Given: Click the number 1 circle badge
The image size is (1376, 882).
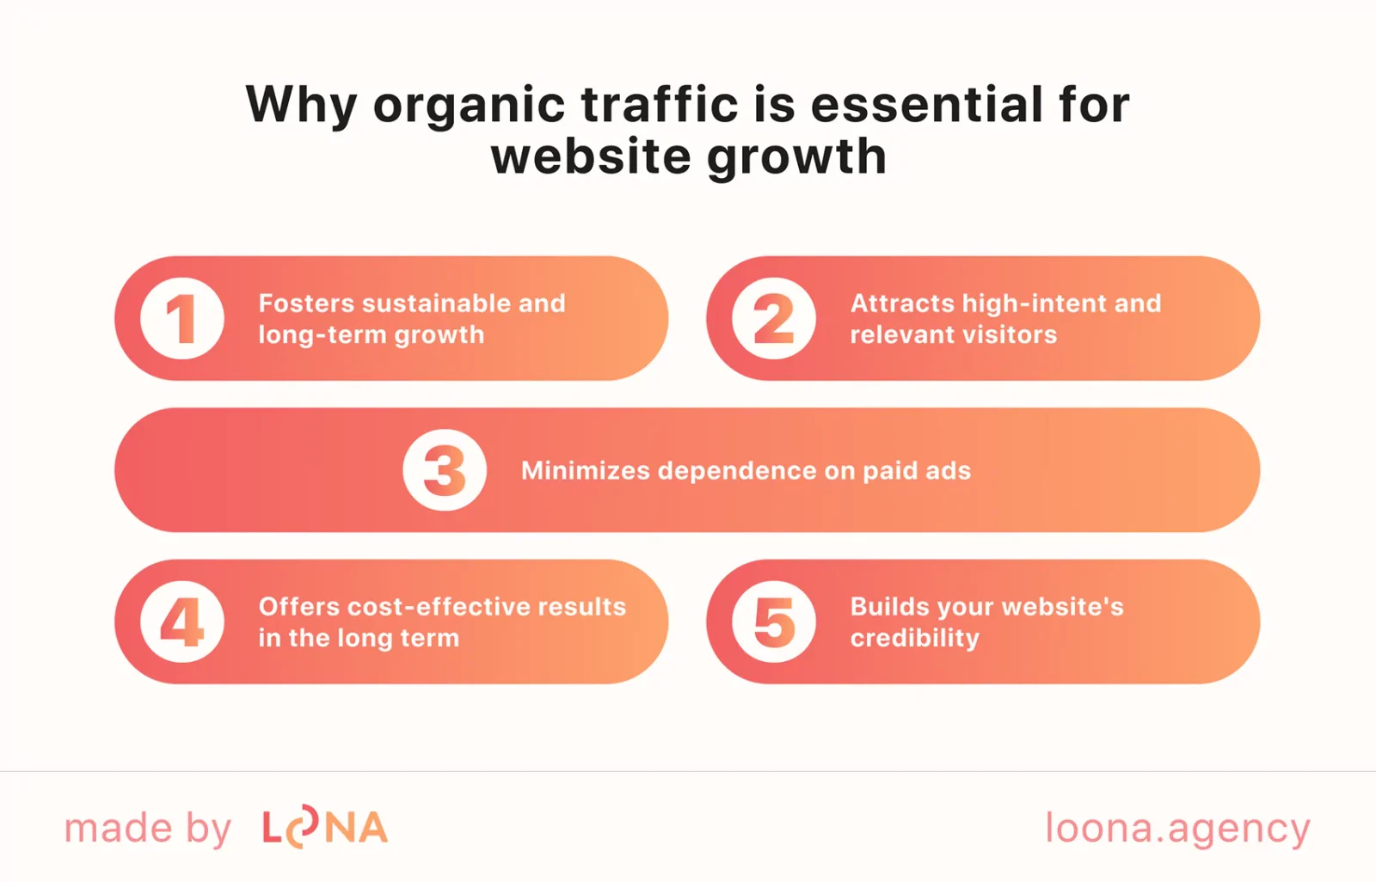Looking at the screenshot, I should (182, 319).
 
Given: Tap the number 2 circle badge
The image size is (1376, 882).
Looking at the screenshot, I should (774, 319).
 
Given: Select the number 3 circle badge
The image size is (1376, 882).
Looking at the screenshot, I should (445, 470).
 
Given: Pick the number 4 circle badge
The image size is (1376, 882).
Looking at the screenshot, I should (182, 622).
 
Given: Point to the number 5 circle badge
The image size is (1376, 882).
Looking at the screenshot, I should (774, 622).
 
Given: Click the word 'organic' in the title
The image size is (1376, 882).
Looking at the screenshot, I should (469, 106).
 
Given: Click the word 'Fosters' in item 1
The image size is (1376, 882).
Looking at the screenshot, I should (306, 303).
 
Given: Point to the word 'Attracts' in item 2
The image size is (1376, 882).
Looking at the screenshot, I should (902, 303).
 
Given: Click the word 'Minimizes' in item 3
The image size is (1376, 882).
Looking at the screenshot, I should (585, 471).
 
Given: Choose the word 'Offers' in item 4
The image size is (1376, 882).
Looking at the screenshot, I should (298, 607).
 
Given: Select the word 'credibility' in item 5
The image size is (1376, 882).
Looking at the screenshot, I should (914, 639).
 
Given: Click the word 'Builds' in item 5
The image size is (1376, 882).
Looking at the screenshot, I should (889, 607).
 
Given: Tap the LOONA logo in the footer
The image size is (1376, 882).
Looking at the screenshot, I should (325, 828).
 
